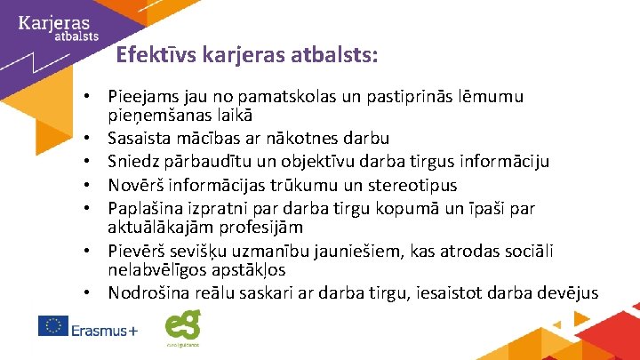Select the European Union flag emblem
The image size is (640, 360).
53,327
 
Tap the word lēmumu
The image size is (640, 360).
490,96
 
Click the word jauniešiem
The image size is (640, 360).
339,252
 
